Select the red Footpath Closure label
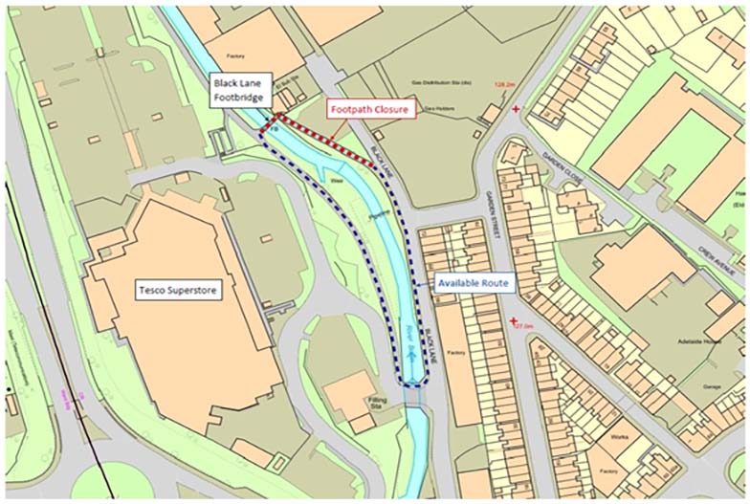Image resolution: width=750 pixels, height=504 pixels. [369, 110]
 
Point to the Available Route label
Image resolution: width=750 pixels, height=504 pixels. [474, 284]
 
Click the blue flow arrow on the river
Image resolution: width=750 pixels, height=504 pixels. [409, 352]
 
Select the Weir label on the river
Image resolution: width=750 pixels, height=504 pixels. [336, 179]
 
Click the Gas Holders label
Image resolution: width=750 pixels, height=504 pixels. [440, 108]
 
